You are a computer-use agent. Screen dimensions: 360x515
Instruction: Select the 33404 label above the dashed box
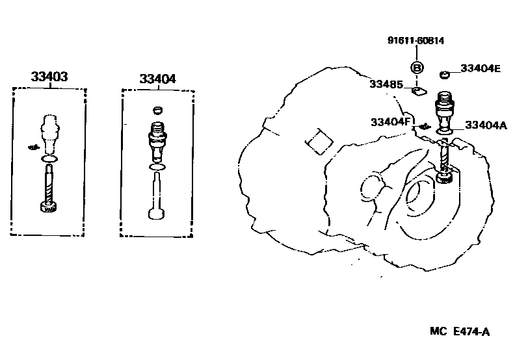[157, 79]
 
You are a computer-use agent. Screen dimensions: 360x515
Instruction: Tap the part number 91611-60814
[416, 40]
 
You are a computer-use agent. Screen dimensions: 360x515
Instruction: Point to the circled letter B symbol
[417, 67]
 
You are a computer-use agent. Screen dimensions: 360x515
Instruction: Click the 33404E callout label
[480, 68]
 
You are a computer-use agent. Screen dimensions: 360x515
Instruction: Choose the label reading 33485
[386, 84]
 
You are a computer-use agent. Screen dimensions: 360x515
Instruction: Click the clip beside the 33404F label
[423, 125]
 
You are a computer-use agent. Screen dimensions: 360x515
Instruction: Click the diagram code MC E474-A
[459, 332]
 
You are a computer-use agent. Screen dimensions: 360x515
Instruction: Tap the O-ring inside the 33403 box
[49, 159]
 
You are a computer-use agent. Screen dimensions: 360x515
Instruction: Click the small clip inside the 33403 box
[32, 148]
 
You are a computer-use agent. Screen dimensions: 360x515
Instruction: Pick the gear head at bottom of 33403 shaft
[49, 207]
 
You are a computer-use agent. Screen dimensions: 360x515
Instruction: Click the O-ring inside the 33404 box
[156, 167]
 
